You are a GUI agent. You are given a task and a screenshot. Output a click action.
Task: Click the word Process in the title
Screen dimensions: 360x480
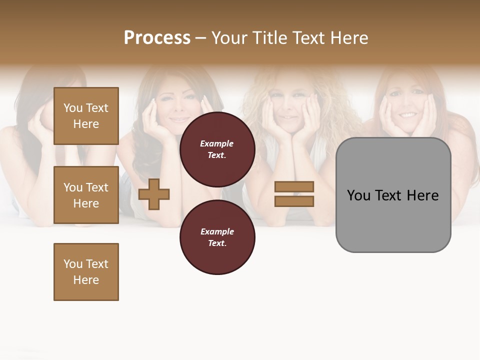pos(157,38)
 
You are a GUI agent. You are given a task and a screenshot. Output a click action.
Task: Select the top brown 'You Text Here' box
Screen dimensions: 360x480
pos(86,116)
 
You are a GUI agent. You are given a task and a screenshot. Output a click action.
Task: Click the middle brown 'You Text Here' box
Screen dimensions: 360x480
pos(86,195)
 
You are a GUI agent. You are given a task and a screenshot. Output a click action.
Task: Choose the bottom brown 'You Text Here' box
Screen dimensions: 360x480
pos(86,272)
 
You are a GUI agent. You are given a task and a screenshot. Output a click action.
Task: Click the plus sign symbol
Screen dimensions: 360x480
pos(154,194)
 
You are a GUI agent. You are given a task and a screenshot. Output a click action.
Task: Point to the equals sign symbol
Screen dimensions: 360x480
pos(294,194)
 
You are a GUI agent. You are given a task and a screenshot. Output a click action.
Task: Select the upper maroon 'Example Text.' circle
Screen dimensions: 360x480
pos(217,149)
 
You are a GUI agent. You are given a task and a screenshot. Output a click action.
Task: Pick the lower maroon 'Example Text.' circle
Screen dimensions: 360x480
pos(217,237)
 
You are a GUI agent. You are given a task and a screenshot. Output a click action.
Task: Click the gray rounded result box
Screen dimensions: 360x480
pos(393,195)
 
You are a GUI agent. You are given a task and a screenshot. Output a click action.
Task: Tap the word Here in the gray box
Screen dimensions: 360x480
pos(423,195)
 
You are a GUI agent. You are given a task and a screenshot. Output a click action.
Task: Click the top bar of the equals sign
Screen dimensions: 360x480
pos(294,187)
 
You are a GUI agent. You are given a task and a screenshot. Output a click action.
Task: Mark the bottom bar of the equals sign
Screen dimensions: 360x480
pos(294,201)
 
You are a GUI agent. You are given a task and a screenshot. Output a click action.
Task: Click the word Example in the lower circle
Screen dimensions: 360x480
pos(217,231)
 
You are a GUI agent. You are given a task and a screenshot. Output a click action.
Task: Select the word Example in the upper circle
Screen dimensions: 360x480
pos(217,143)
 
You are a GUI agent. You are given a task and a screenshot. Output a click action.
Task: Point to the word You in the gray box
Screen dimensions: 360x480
pos(359,195)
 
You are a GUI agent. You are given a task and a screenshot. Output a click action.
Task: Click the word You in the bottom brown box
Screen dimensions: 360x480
pos(72,264)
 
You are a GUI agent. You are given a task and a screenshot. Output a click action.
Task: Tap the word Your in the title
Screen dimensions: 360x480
pos(230,38)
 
